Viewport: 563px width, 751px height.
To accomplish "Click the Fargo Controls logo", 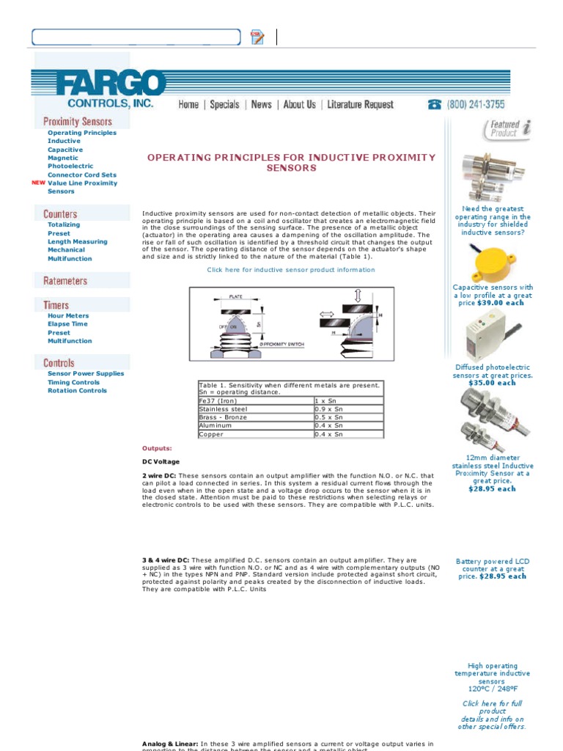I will coord(98,89).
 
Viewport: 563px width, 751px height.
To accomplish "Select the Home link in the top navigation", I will coord(188,105).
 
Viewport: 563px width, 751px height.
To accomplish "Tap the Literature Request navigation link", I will coord(360,105).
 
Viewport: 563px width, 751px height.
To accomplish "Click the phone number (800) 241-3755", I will coord(475,105).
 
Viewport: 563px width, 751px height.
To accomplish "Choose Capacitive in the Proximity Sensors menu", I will coord(65,150).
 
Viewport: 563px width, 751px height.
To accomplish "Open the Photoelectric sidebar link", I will coord(70,166).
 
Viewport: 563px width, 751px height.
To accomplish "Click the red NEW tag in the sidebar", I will coord(39,183).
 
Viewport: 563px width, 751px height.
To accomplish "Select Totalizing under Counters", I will coord(64,225).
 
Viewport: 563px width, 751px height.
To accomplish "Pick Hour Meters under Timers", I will coord(68,316).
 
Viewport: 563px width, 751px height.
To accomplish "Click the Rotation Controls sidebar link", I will coord(77,391).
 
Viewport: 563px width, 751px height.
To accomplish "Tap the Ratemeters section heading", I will coord(65,281).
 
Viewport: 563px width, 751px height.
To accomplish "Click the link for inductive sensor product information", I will coord(290,270).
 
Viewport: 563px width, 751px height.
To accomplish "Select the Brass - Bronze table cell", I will coord(224,417).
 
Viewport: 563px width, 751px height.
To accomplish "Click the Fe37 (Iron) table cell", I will coord(218,401).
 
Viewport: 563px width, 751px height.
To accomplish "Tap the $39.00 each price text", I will coord(501,303).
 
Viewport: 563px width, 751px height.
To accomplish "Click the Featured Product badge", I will coord(506,129).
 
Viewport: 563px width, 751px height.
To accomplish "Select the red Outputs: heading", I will coord(157,448).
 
